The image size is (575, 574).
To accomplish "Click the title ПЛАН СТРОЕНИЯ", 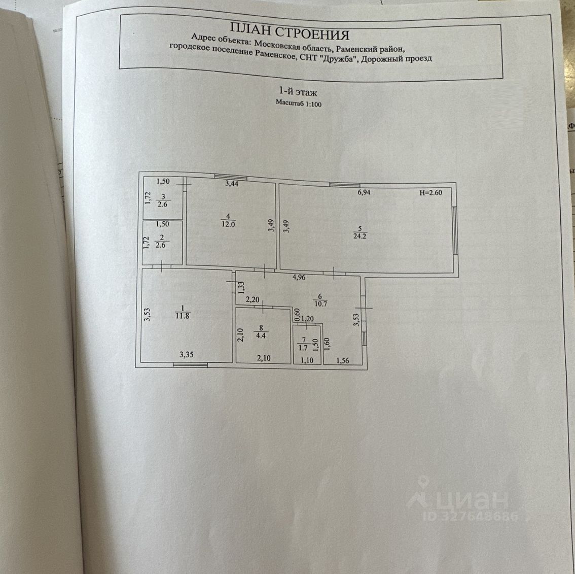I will [290, 35].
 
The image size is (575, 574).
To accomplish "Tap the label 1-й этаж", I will [298, 92].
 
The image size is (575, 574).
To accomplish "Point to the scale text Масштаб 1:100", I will [299, 104].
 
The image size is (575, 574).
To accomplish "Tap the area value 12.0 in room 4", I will [228, 223].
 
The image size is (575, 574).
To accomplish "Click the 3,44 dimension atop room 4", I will [231, 184].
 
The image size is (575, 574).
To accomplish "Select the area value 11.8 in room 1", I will [183, 315].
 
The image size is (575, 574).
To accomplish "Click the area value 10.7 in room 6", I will [320, 305].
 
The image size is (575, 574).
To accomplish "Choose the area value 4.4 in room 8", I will [262, 335].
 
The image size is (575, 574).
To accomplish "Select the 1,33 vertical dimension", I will [241, 288].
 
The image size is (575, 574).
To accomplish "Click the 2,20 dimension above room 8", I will [253, 299].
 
